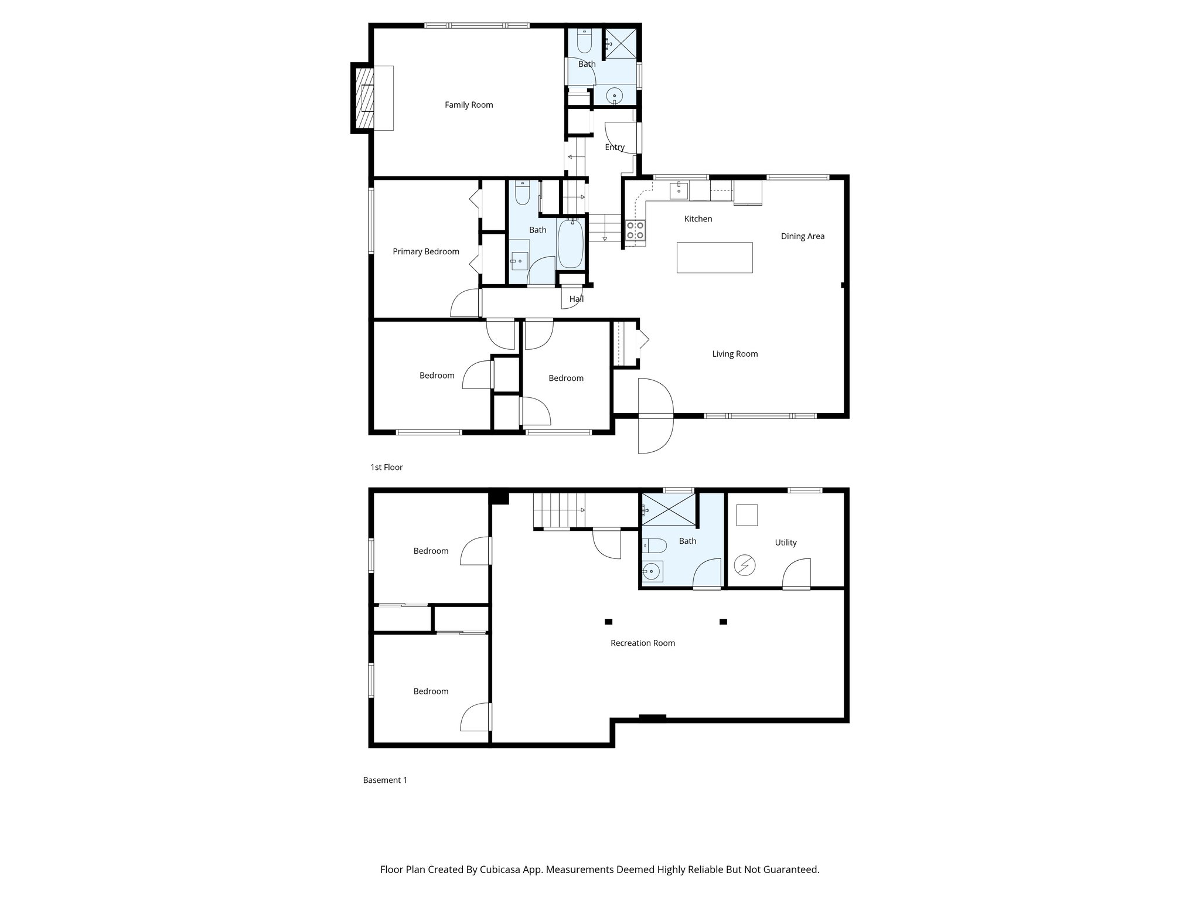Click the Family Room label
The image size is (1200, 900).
click(469, 105)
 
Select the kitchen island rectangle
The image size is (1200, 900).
click(714, 258)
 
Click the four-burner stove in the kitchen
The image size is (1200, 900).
click(635, 230)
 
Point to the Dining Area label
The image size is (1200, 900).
click(802, 237)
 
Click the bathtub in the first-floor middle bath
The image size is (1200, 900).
click(570, 244)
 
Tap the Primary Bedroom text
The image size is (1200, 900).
click(425, 252)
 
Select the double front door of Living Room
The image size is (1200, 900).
click(655, 416)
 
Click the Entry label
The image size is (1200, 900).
click(615, 148)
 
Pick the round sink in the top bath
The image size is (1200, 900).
click(615, 94)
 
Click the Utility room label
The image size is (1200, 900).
click(785, 543)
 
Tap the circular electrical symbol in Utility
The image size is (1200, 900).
click(745, 565)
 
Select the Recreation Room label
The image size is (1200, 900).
click(642, 643)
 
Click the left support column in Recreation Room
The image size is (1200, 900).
click(608, 622)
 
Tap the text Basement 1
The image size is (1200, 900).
click(384, 780)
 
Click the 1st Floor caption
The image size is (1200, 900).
click(386, 468)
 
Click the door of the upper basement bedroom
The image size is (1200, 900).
click(476, 551)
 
